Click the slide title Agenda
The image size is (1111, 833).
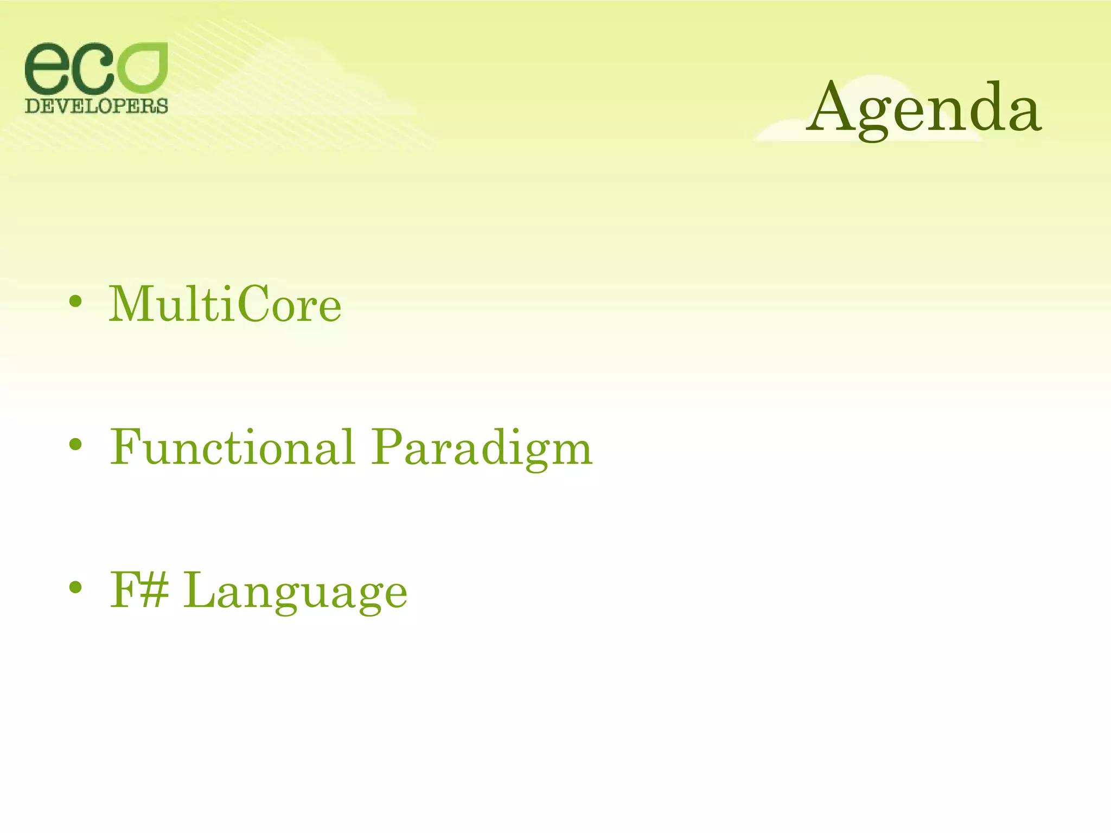923,108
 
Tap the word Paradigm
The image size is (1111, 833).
482,449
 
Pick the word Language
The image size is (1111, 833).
296,592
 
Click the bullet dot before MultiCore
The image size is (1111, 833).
76,302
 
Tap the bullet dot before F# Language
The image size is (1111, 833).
76,588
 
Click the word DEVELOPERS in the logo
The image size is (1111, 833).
97,106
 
